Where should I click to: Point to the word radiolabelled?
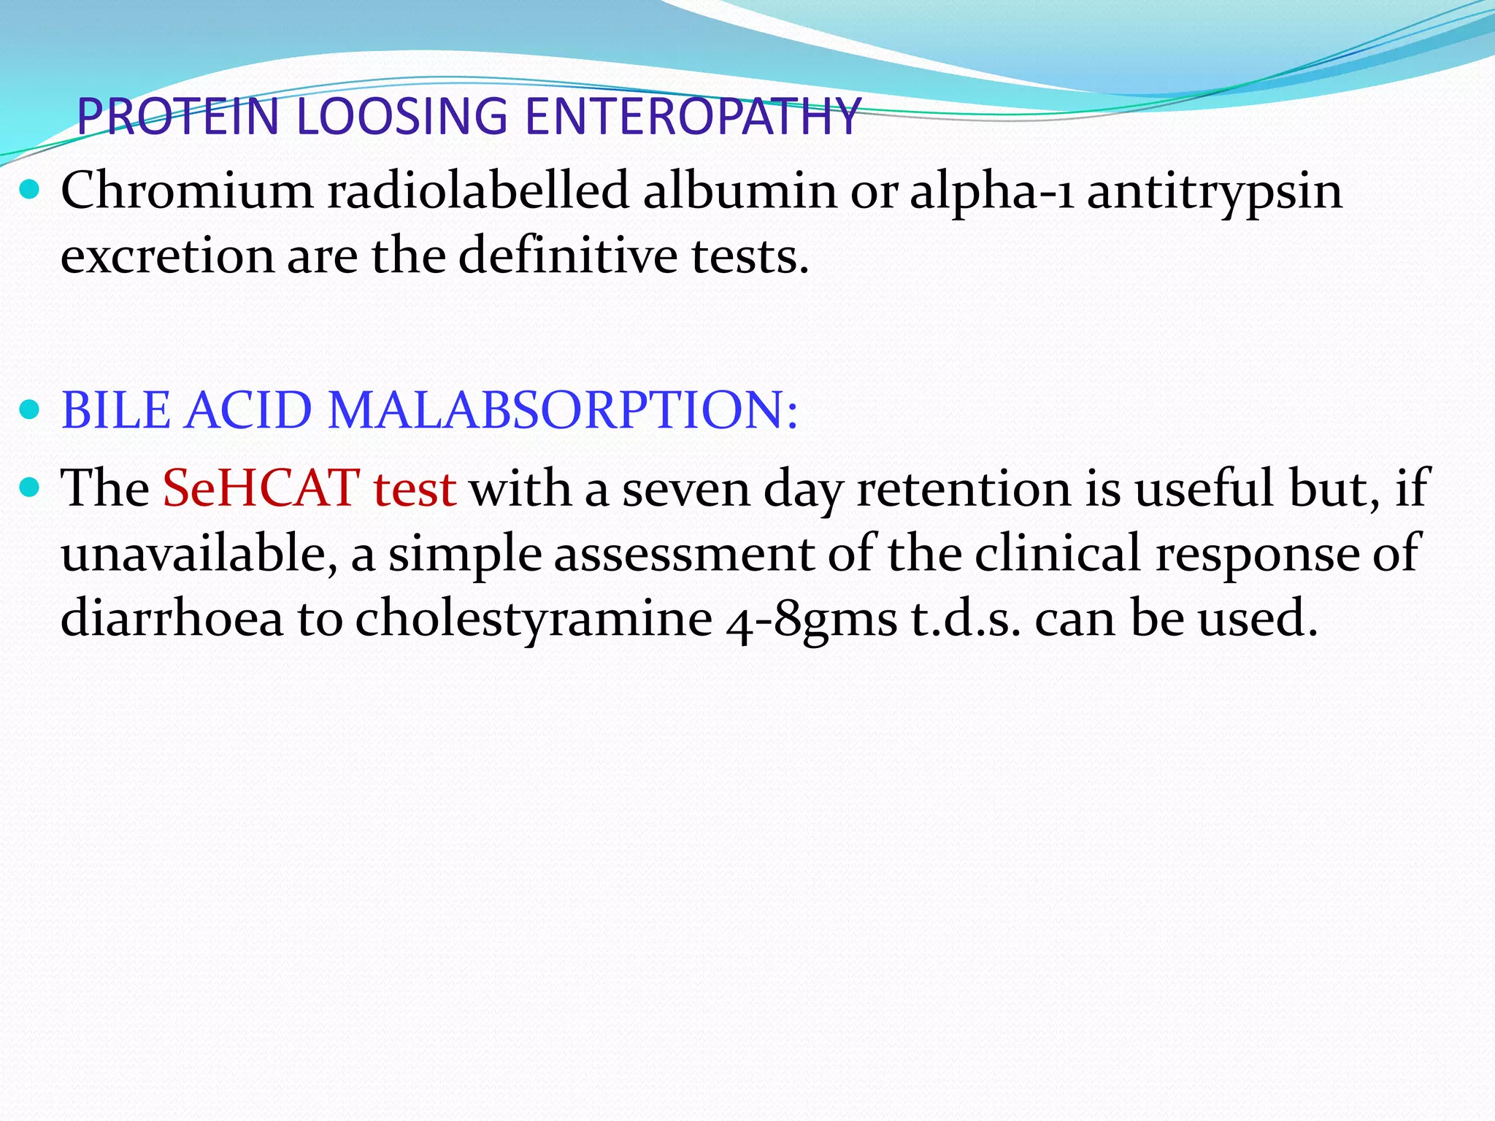pos(478,191)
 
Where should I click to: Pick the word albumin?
pos(739,191)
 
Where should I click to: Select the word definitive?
pos(568,256)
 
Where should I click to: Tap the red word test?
pos(414,489)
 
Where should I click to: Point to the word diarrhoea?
pos(172,617)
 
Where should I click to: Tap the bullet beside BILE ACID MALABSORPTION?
pos(30,411)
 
